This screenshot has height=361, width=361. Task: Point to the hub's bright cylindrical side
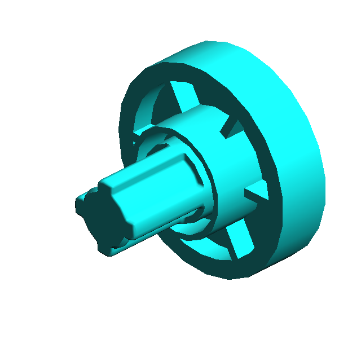[x=226, y=169]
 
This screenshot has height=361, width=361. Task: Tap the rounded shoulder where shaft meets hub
[x=195, y=169]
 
